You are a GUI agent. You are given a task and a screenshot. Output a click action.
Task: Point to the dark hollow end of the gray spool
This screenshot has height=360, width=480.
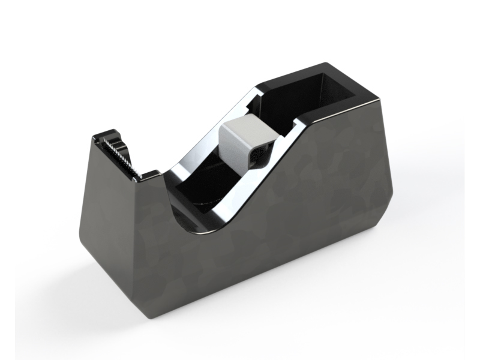pyautogui.click(x=260, y=154)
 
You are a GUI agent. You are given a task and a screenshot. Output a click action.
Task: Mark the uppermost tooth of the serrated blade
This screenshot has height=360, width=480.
pyautogui.click(x=107, y=140)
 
